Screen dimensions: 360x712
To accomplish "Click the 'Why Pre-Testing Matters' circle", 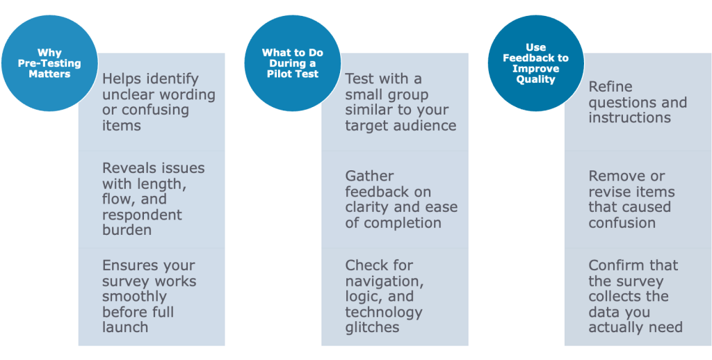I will click(49, 63).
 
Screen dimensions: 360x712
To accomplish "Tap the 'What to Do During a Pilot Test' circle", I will click(292, 63).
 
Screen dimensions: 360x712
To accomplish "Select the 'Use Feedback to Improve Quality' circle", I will click(535, 63).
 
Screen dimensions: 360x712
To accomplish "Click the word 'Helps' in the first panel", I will click(121, 79).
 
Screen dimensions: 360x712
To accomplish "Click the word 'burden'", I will click(127, 230).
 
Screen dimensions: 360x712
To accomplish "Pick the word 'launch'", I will click(125, 327).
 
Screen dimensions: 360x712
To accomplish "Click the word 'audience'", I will click(428, 126).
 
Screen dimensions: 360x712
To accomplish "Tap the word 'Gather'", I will click(369, 177).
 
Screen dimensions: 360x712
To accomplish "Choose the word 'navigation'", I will click(384, 281).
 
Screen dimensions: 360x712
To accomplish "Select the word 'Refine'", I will click(610, 87).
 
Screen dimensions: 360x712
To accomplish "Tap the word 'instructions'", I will click(629, 117).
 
